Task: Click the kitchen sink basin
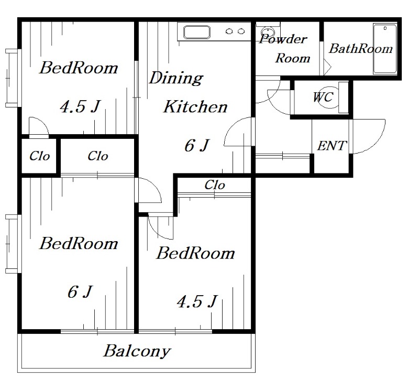(x=197, y=32)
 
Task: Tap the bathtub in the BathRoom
(x=385, y=49)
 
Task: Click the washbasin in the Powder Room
(x=267, y=32)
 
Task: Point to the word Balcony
(x=137, y=351)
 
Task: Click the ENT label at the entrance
(x=332, y=146)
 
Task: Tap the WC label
(x=323, y=97)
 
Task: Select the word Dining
(x=176, y=78)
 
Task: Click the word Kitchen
(x=195, y=106)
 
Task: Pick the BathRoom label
(x=361, y=48)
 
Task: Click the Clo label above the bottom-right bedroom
(x=215, y=185)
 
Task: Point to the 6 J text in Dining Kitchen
(x=197, y=146)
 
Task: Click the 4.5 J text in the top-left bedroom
(x=80, y=106)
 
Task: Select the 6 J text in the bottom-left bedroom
(x=80, y=291)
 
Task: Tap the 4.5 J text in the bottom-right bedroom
(x=197, y=301)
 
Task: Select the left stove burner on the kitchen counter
(x=229, y=31)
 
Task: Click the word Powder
(x=283, y=39)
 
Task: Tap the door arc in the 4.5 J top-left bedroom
(x=43, y=121)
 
